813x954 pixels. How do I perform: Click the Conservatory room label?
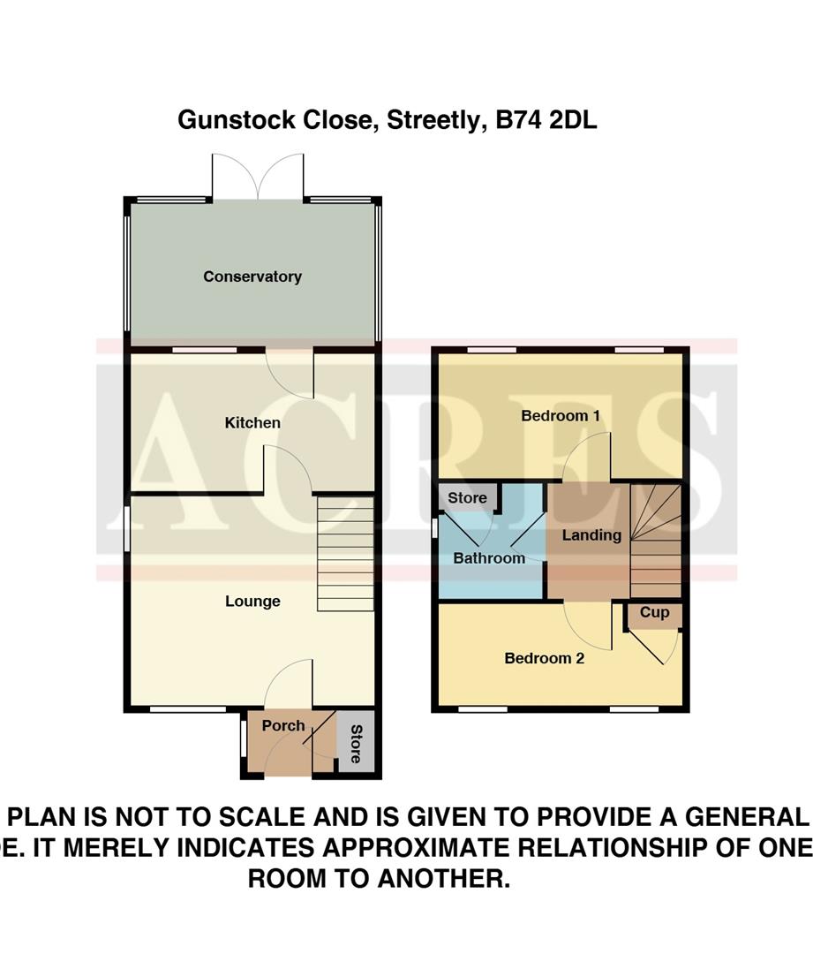click(x=252, y=276)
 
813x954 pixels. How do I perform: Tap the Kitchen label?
click(x=252, y=423)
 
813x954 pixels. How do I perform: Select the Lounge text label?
click(x=252, y=602)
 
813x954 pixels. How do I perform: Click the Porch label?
click(x=283, y=726)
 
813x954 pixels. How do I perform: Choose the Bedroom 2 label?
click(x=544, y=658)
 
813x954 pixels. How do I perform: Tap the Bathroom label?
click(x=489, y=558)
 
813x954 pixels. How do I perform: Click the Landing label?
click(x=591, y=535)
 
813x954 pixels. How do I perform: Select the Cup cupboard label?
click(x=654, y=613)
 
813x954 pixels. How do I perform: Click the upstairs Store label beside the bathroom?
click(x=467, y=498)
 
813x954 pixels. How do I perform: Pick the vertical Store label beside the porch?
click(x=356, y=744)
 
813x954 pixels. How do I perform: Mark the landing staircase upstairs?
click(x=656, y=541)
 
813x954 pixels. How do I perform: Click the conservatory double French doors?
click(x=258, y=177)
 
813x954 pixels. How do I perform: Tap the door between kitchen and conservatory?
click(x=291, y=375)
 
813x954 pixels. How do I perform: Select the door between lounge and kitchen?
click(x=288, y=469)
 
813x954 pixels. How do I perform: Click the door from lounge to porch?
click(x=289, y=684)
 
